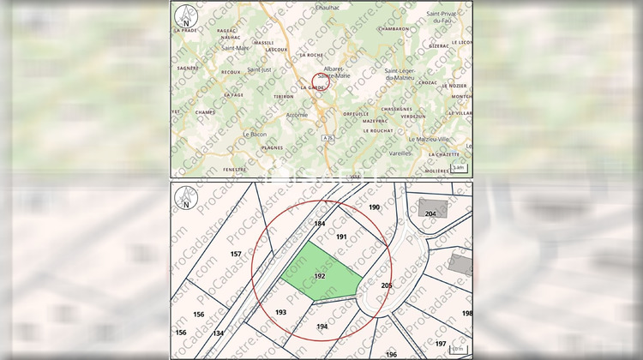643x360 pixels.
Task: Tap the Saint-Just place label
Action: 258,69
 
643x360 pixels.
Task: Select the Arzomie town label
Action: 297,114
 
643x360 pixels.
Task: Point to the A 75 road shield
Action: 328,137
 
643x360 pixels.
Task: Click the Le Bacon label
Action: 255,134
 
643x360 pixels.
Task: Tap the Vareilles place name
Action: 400,153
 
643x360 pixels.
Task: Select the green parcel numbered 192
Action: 321,275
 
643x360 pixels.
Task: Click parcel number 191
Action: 340,236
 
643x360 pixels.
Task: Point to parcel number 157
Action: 237,255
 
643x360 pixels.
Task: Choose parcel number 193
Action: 281,312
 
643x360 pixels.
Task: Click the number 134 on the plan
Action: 219,333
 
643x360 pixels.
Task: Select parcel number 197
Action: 441,343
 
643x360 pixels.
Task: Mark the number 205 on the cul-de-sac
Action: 386,285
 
